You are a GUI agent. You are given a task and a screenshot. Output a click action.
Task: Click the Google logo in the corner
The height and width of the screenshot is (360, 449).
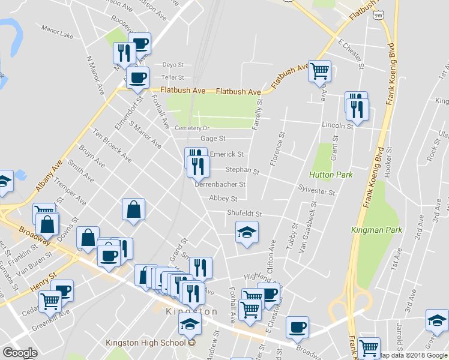coord(20,353)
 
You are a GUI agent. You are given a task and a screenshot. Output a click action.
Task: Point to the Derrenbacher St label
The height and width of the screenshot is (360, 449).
coord(220,185)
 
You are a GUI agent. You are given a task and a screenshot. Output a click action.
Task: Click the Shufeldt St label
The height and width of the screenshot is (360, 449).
coord(244,214)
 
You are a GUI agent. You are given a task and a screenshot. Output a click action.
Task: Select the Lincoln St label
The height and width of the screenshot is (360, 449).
coord(337,126)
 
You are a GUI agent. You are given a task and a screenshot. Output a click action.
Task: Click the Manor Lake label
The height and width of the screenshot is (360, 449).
coord(57,36)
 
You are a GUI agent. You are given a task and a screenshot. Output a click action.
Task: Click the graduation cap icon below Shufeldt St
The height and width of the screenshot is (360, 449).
coord(246,233)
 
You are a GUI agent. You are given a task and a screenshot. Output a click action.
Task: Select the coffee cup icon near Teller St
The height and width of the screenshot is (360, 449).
coord(137,77)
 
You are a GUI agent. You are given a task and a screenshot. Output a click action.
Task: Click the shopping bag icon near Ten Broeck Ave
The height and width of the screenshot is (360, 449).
coord(133,210)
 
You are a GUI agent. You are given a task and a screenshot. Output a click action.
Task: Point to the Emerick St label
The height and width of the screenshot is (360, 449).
coord(226,155)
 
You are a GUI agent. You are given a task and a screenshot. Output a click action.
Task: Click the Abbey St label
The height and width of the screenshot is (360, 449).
coord(223,199)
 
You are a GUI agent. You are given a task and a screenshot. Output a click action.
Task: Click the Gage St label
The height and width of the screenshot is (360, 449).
coord(212,139)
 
